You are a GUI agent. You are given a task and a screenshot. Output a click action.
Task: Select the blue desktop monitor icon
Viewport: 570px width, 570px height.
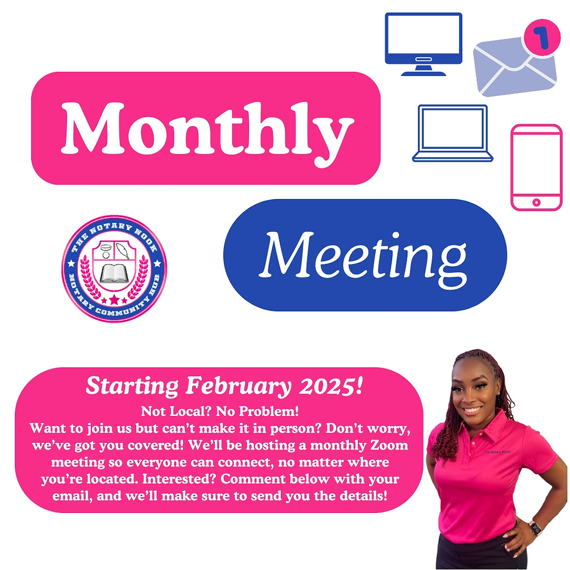(423, 44)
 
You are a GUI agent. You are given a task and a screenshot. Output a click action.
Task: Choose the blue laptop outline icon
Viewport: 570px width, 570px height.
(453, 133)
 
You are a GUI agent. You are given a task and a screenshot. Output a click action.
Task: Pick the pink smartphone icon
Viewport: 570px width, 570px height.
(536, 168)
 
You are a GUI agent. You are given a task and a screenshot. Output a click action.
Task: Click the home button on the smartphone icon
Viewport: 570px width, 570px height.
(536, 202)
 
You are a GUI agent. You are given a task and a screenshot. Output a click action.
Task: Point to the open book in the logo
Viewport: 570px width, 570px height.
(114, 273)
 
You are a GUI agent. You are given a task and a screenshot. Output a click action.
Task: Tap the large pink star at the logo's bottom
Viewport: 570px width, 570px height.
(114, 300)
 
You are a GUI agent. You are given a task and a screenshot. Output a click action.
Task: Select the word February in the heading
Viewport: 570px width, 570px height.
(238, 386)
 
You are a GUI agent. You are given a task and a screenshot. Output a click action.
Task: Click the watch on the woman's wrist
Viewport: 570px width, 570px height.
(535, 528)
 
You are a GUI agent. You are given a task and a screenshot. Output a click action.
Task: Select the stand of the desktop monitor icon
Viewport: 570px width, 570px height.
(423, 70)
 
